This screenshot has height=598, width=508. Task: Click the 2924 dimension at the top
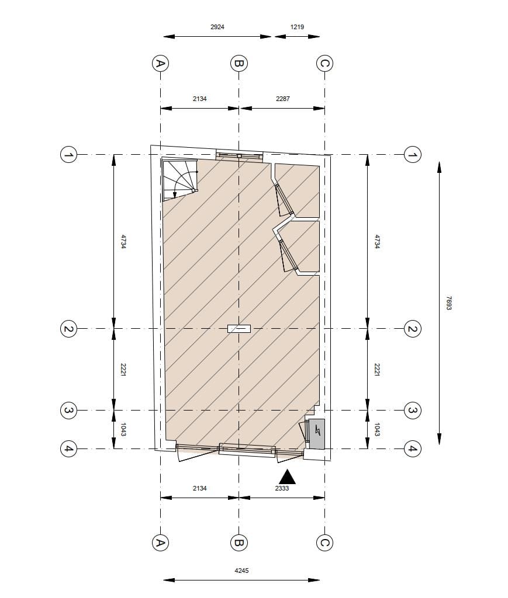point(217,27)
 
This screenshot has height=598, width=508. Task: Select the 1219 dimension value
point(297,27)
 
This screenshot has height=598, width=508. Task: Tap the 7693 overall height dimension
point(449,303)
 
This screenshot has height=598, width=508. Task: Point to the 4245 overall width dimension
point(241,571)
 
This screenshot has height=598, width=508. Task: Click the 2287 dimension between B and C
point(283,99)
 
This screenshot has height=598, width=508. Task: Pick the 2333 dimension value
point(282,488)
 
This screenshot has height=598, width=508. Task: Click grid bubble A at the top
point(160,63)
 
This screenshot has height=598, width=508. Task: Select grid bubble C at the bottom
point(325,543)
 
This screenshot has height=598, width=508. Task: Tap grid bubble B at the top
point(239,63)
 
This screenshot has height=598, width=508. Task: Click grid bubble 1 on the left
point(69,155)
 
